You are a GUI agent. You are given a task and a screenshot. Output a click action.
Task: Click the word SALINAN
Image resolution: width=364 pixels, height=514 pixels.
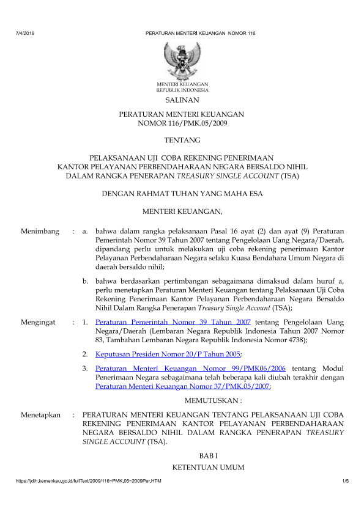click(x=182, y=99)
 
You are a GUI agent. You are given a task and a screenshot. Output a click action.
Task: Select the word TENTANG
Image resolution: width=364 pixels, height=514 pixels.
click(x=182, y=140)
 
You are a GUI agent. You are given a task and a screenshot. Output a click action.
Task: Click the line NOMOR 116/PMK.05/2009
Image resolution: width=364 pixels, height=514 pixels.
click(x=182, y=124)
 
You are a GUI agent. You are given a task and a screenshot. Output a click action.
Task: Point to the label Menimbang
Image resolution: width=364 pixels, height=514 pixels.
click(x=40, y=232)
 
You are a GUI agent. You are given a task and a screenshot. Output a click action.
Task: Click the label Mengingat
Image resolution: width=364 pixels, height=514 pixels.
click(x=40, y=321)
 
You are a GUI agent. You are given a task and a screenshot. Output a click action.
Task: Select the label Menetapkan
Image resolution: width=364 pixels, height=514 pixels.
click(x=41, y=415)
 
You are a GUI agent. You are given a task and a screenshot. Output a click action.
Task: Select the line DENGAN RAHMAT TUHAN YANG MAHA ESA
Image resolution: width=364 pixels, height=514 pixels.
click(x=182, y=196)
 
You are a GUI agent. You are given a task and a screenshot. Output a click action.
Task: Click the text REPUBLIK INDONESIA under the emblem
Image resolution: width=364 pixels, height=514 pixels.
click(x=182, y=89)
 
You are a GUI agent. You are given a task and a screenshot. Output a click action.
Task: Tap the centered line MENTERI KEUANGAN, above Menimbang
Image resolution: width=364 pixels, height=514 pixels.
click(x=182, y=212)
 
